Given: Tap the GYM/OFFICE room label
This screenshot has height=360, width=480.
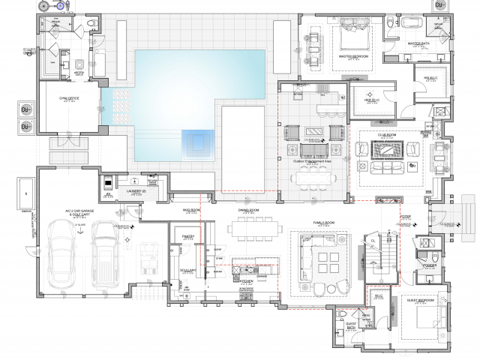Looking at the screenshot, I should pyautogui.click(x=58, y=98).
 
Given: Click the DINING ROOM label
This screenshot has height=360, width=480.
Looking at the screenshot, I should pyautogui.click(x=247, y=211).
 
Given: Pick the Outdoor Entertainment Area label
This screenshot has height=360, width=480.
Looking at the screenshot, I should pyautogui.click(x=313, y=160).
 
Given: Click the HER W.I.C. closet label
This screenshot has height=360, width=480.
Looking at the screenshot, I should pyautogui.click(x=373, y=100).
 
